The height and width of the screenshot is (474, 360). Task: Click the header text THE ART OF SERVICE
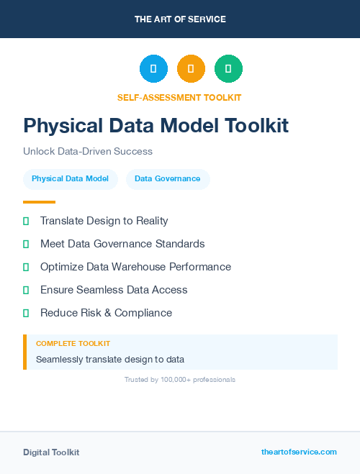pyautogui.click(x=180, y=19)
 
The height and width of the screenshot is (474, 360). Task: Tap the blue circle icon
pyautogui.click(x=153, y=69)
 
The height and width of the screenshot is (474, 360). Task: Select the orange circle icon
pyautogui.click(x=191, y=69)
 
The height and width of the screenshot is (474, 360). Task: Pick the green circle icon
pyautogui.click(x=228, y=69)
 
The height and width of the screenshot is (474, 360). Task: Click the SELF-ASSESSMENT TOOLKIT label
pyautogui.click(x=179, y=97)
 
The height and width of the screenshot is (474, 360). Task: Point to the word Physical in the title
pyautogui.click(x=62, y=126)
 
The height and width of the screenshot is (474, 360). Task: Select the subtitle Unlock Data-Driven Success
pyautogui.click(x=88, y=152)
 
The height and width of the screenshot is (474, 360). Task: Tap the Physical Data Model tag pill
pyautogui.click(x=70, y=179)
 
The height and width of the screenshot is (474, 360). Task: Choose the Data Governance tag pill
pyautogui.click(x=168, y=179)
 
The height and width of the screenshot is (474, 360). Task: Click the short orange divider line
pyautogui.click(x=39, y=202)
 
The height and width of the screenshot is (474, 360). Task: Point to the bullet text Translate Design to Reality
pyautogui.click(x=104, y=221)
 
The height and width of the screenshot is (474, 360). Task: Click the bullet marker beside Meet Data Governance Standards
pyautogui.click(x=26, y=244)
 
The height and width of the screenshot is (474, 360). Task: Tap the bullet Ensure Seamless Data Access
pyautogui.click(x=114, y=290)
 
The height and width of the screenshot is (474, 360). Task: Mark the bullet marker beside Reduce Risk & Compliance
pyautogui.click(x=26, y=313)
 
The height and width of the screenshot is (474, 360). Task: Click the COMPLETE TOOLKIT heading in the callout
pyautogui.click(x=73, y=344)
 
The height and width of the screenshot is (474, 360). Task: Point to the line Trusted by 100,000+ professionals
pyautogui.click(x=180, y=379)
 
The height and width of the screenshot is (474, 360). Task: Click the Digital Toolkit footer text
pyautogui.click(x=51, y=452)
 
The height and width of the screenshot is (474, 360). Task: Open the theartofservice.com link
pyautogui.click(x=299, y=452)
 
